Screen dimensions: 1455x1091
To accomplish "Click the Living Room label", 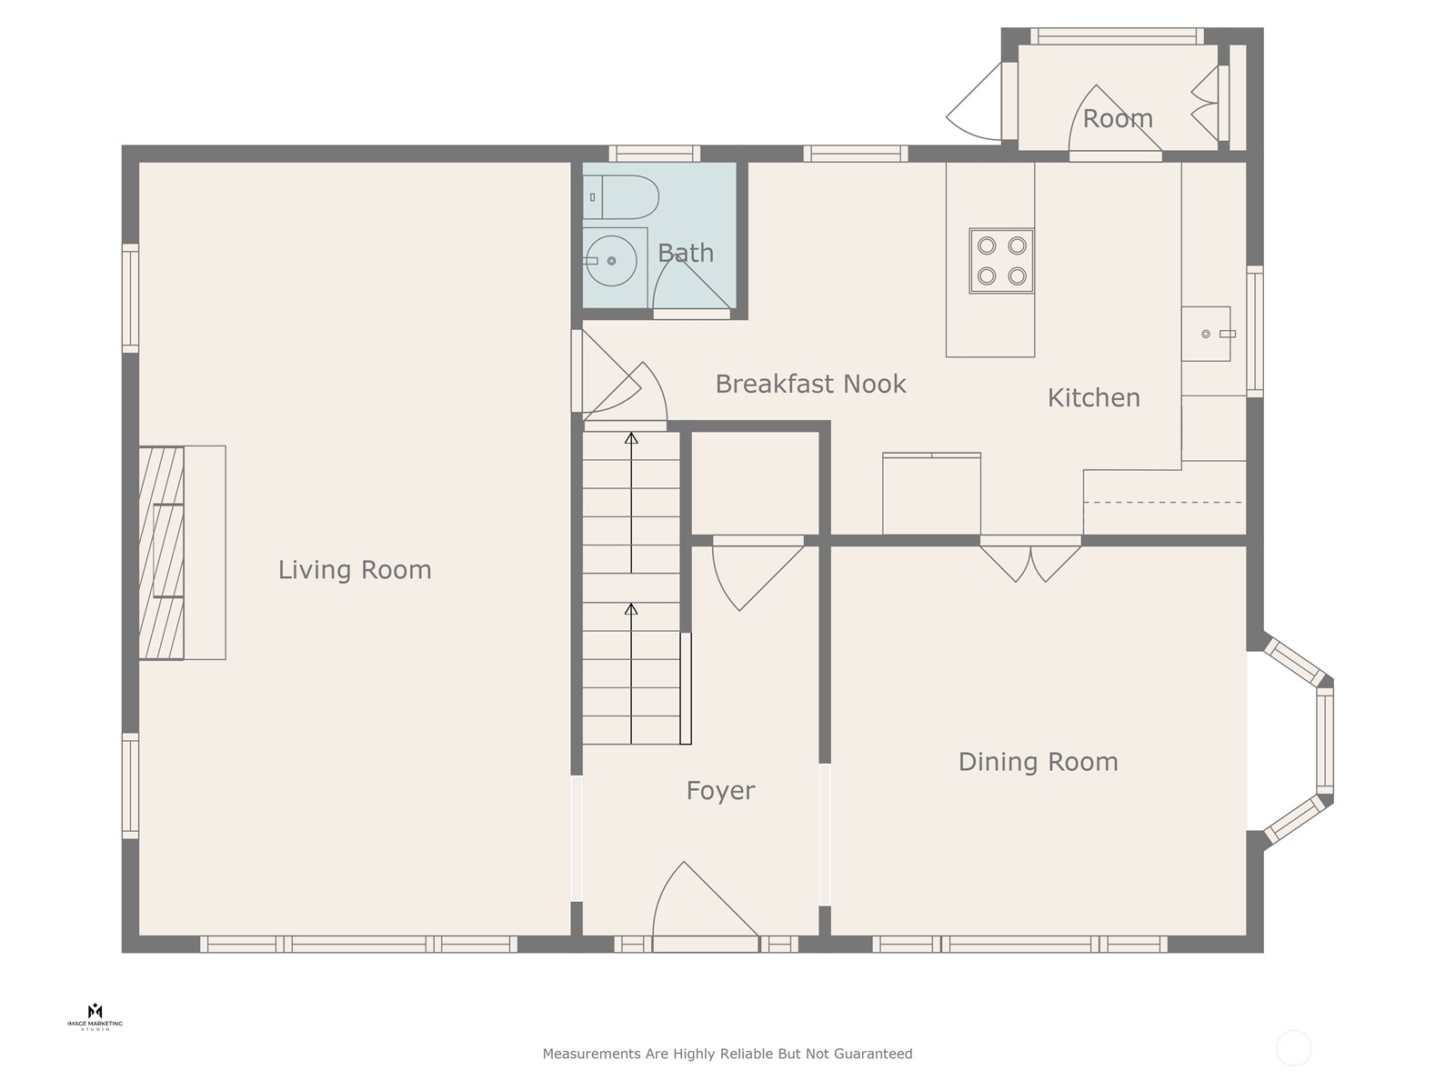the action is point(355,570).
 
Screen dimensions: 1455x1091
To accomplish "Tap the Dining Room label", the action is point(1039,762).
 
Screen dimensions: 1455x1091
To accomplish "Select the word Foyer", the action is point(720,791).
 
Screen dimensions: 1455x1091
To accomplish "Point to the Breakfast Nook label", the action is point(810,385).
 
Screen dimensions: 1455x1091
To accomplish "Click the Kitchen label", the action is point(1094,398).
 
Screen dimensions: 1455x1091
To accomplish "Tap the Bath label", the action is point(686,253).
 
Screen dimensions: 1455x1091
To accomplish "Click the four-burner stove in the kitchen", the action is point(1001,261).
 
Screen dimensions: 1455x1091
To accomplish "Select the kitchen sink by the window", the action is point(1207,334).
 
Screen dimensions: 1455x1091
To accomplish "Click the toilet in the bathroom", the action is point(621,196).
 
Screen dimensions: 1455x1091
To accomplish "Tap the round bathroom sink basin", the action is point(611,261).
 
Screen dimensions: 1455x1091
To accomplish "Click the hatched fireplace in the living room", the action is point(161,553).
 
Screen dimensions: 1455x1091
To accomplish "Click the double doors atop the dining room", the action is point(1030,563).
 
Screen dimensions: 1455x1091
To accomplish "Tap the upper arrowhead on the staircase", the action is point(631,438).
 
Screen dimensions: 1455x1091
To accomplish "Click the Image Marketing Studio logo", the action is point(95,1016).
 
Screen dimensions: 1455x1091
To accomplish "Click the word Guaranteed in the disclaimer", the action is point(873,1054).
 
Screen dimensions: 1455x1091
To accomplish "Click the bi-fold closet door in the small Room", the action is point(1205,104).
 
